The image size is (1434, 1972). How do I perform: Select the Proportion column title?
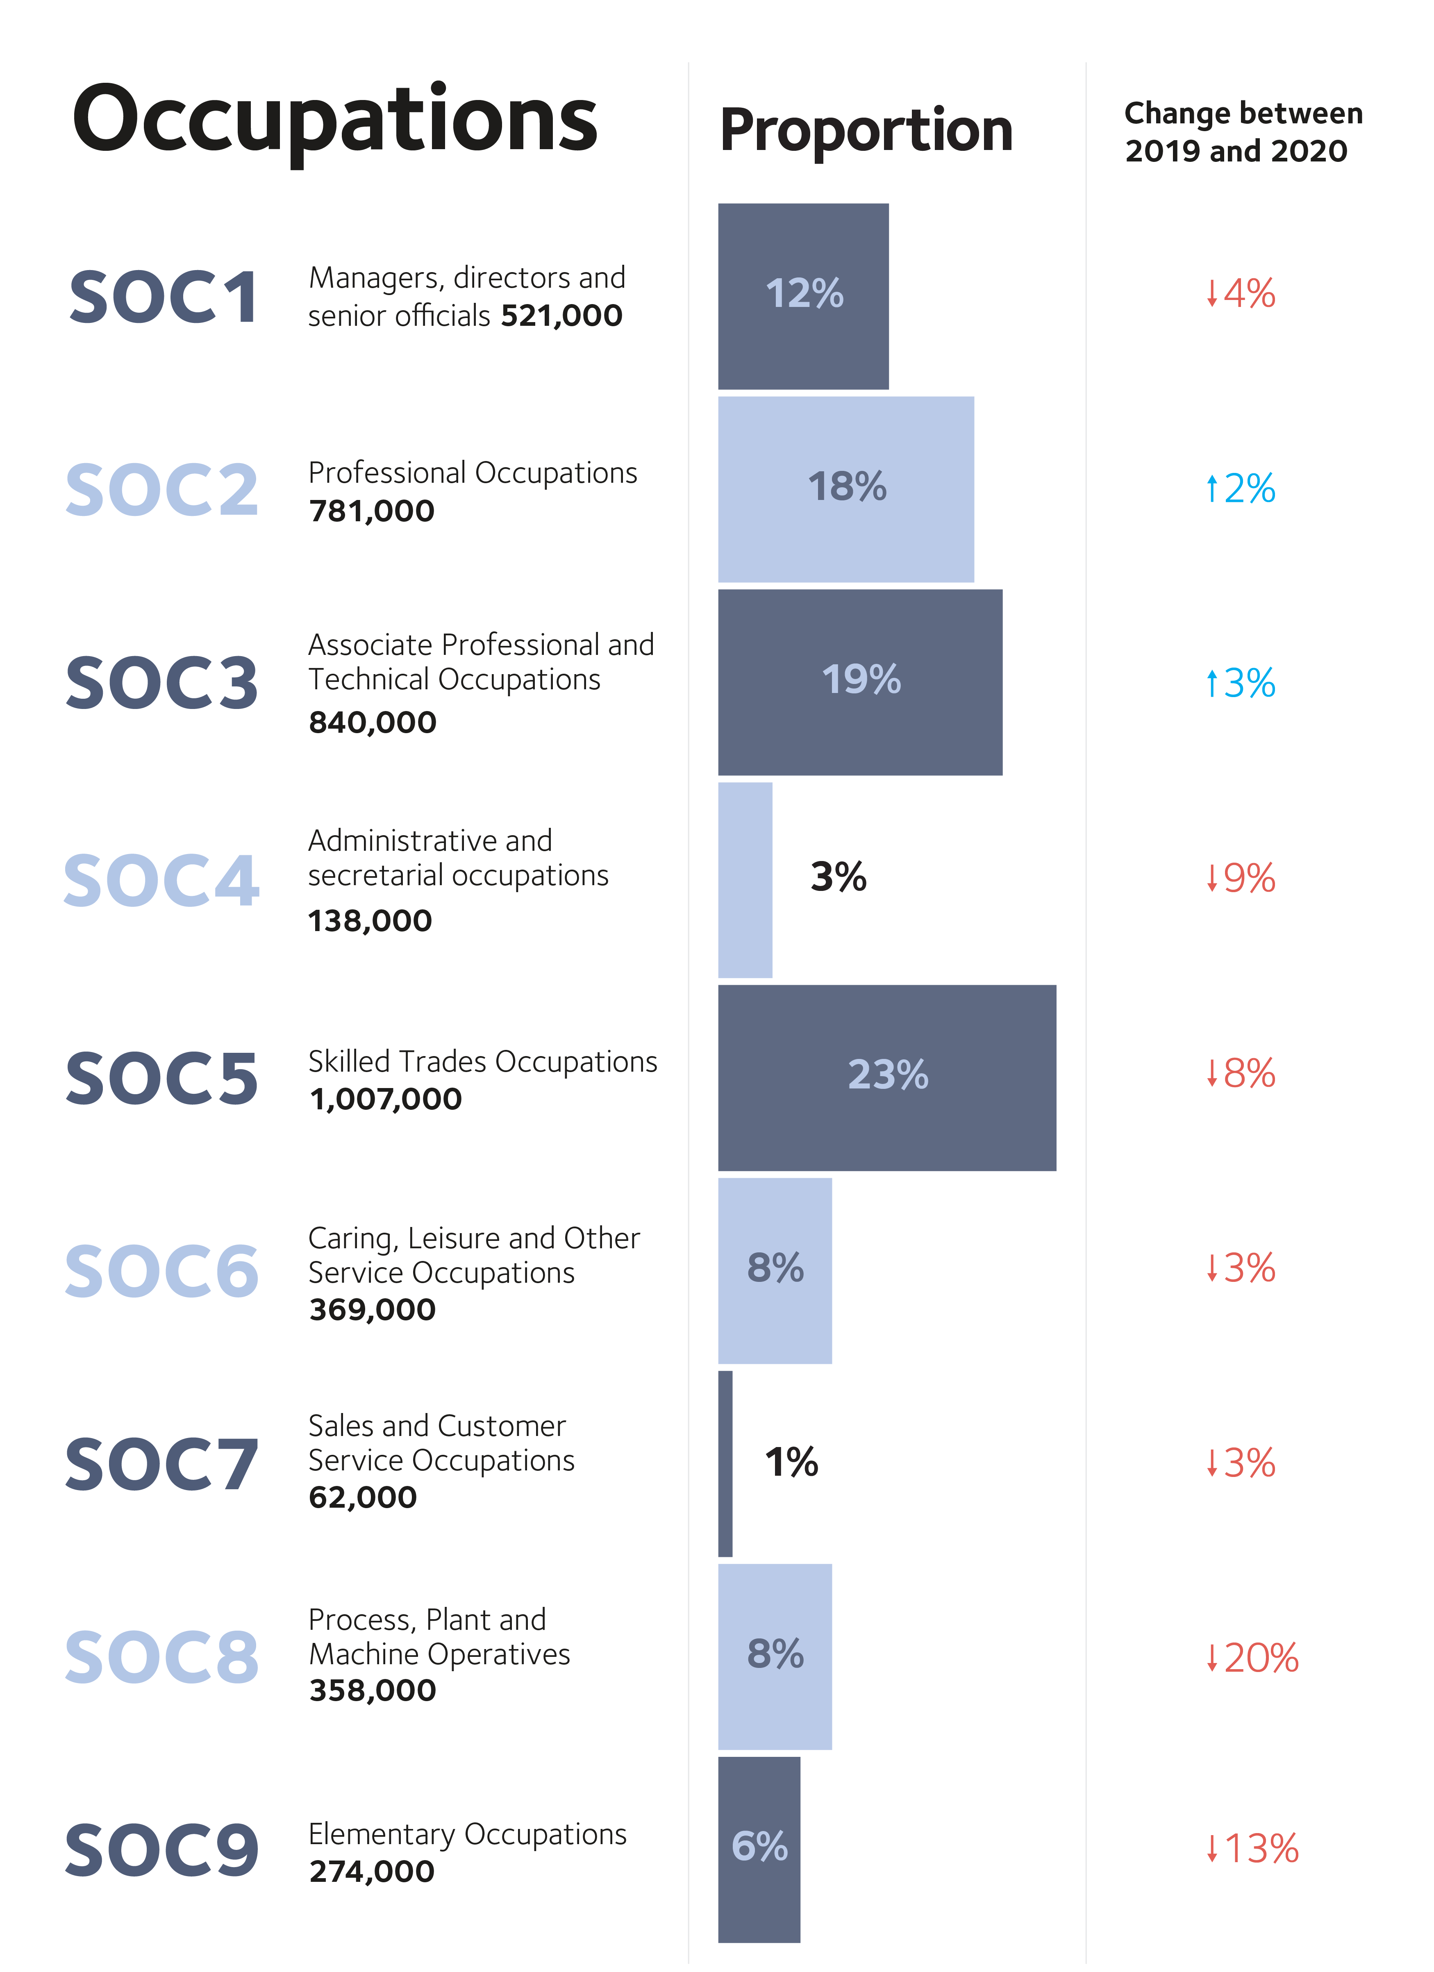pos(866,130)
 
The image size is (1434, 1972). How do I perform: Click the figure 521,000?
pos(562,316)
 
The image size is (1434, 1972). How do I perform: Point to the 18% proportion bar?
pos(845,488)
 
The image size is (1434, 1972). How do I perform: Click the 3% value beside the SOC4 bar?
pos(839,877)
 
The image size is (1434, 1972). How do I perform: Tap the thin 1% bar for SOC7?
pos(725,1463)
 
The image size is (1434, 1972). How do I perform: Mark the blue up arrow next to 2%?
pos(1211,488)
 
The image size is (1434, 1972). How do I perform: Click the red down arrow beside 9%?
pos(1211,878)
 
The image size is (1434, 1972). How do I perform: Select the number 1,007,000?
pos(385,1099)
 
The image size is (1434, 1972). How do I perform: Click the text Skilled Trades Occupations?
pos(483,1062)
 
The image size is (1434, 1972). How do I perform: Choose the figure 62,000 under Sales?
pos(363,1497)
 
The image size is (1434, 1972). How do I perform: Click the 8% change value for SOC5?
pos(1249,1074)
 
